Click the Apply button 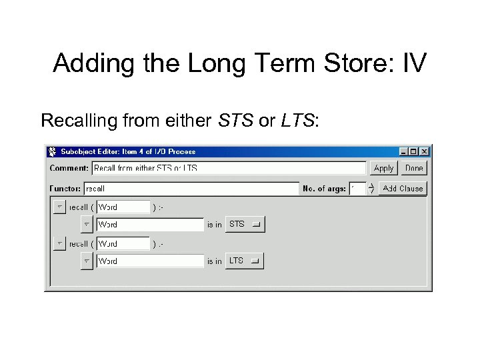click(383, 169)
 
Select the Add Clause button click(402, 189)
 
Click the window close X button click(425, 151)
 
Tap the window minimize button click(404, 151)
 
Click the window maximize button click(414, 151)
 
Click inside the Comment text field click(229, 169)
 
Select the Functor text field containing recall click(191, 189)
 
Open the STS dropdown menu click(245, 225)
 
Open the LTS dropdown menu click(245, 261)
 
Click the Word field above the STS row click(123, 207)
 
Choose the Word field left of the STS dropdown click(149, 225)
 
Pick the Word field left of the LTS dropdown click(149, 261)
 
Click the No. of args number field click(357, 189)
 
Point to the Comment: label click(69, 169)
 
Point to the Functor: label click(65, 189)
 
